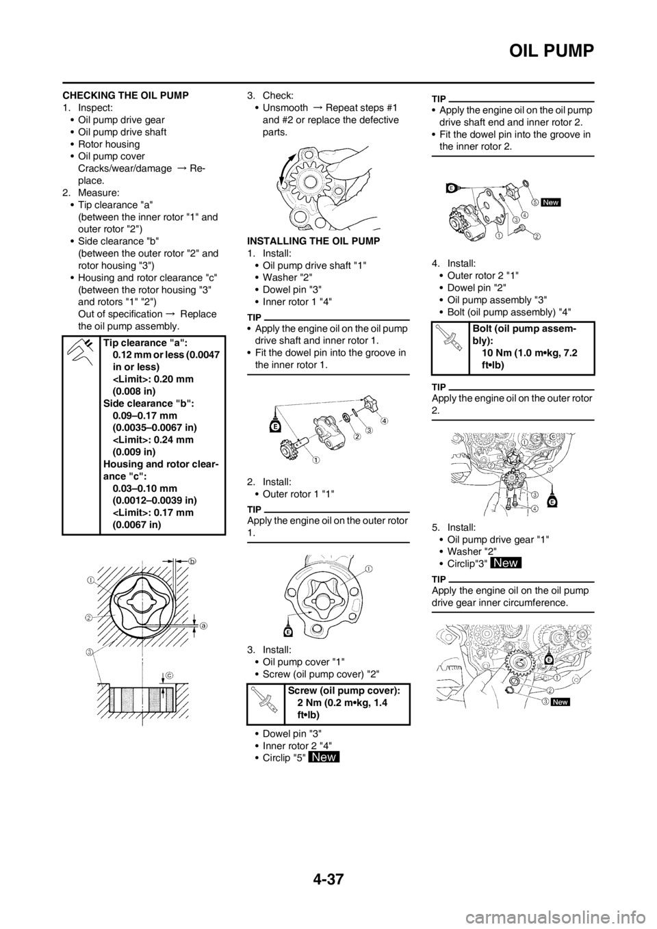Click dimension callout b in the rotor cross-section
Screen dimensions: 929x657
pyautogui.click(x=192, y=561)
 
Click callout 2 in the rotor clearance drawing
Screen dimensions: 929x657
pyautogui.click(x=90, y=616)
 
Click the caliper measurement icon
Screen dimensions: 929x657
pyautogui.click(x=79, y=352)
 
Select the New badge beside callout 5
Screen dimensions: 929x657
pyautogui.click(x=550, y=202)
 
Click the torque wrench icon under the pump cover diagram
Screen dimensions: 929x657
pyautogui.click(x=450, y=338)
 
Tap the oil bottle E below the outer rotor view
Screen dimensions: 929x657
pyautogui.click(x=291, y=629)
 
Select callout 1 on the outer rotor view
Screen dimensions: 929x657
pyautogui.click(x=368, y=569)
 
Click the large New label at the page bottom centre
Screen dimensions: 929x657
pyautogui.click(x=324, y=757)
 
